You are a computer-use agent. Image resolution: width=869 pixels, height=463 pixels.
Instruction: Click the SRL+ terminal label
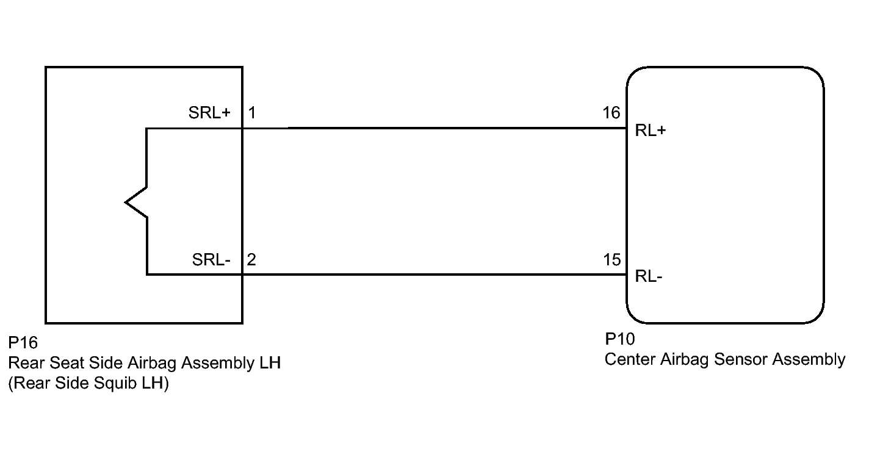pos(209,113)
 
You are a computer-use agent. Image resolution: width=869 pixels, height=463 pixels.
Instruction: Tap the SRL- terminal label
pos(211,260)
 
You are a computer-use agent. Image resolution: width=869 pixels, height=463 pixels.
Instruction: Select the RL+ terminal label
pos(651,131)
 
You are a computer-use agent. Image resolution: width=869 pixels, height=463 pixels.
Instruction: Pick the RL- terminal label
pos(649,276)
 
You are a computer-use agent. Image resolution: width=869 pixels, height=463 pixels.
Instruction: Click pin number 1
pos(252,113)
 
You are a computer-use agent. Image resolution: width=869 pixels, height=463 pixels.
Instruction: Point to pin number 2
pos(251,260)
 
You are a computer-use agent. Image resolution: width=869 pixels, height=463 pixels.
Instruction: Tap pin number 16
pos(611,113)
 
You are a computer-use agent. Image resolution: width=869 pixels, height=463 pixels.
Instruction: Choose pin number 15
pos(612,260)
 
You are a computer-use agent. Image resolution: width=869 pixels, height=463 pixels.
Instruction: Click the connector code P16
pos(23,343)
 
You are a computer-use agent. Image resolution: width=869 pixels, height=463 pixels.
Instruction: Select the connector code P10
pos(620,339)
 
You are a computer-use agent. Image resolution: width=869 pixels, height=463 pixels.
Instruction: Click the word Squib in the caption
pos(115,384)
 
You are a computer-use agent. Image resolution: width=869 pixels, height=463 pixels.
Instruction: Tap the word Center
pos(630,359)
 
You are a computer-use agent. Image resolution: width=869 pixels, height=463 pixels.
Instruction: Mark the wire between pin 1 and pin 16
pos(434,128)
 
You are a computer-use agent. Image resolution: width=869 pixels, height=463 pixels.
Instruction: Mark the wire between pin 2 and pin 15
pos(434,275)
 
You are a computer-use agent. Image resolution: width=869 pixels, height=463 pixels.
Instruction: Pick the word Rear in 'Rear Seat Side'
pos(27,363)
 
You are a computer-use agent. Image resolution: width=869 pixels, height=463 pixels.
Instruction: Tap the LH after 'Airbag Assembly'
pos(270,363)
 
